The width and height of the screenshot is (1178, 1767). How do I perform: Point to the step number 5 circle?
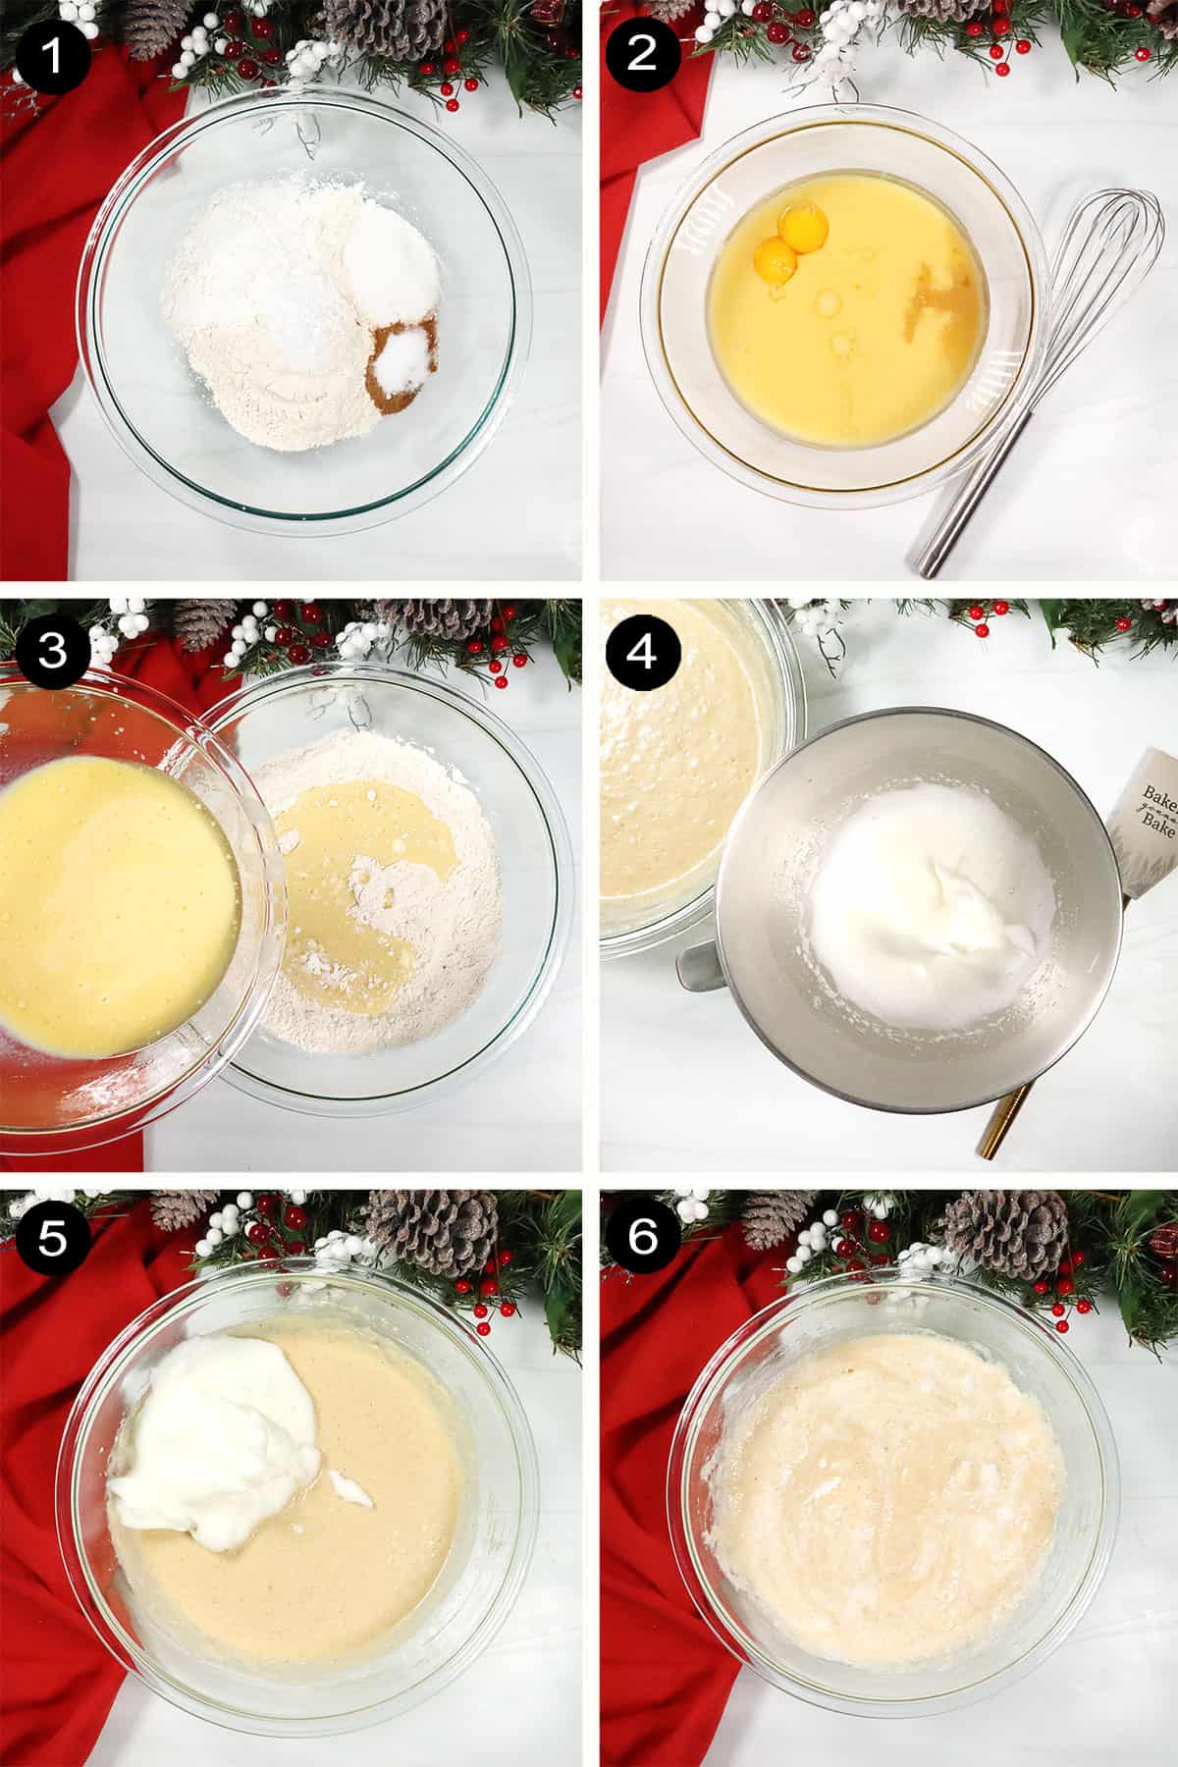tap(52, 1240)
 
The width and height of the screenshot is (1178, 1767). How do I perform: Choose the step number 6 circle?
tap(641, 1240)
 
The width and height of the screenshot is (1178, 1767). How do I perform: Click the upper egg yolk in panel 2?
tap(795, 228)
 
